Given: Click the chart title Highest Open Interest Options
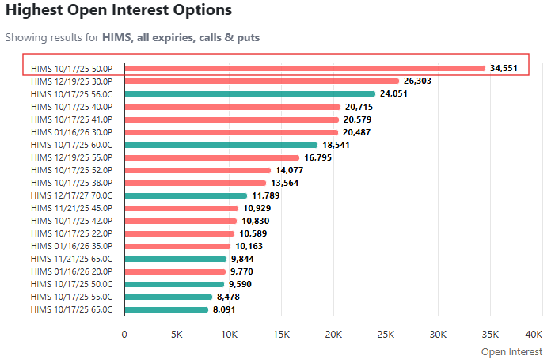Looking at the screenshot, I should [119, 11].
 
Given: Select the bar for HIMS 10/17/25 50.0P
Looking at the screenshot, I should [305, 68].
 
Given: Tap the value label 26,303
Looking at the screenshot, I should [421, 81].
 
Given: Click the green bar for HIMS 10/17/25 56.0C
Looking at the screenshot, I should [249, 93].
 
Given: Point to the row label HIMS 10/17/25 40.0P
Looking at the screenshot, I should [72, 106].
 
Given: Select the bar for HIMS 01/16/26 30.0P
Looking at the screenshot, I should [231, 132].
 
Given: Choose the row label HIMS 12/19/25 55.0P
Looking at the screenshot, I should [72, 157].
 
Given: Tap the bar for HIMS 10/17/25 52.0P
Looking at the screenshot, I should [198, 170].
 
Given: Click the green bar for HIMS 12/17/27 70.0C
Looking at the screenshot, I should [186, 195].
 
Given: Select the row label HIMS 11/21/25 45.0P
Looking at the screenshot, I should [72, 208].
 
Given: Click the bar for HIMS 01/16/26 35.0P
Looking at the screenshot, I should [177, 246].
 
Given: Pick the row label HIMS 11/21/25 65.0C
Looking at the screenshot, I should [72, 259].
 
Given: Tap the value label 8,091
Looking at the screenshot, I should [227, 309].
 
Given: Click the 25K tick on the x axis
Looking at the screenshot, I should [386, 334].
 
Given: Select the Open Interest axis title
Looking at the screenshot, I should [511, 352].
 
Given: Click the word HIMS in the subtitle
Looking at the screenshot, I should [116, 37].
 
